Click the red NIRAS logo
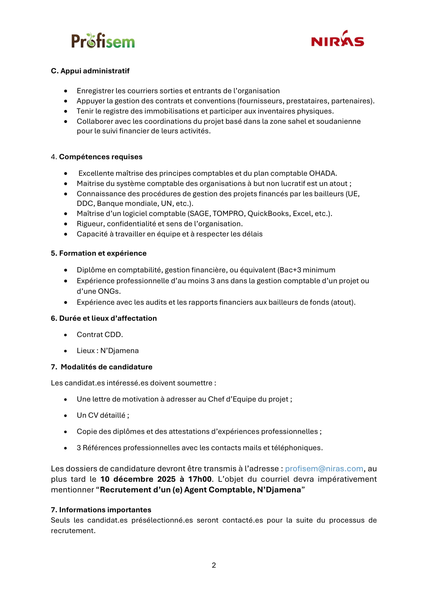coord(337,40)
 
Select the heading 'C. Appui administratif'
coord(90,71)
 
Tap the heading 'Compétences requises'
coord(101,157)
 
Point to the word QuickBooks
coord(268,213)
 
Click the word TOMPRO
coord(228,213)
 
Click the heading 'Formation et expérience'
coord(103,253)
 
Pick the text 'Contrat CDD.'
coord(100,334)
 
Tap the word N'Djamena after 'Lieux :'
coord(119,350)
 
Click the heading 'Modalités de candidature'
coord(106,367)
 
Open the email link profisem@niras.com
coord(324,468)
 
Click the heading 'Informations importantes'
coord(105,510)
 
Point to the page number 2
coord(214,565)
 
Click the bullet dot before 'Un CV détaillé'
coord(66,416)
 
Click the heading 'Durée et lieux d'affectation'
coord(108,318)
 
